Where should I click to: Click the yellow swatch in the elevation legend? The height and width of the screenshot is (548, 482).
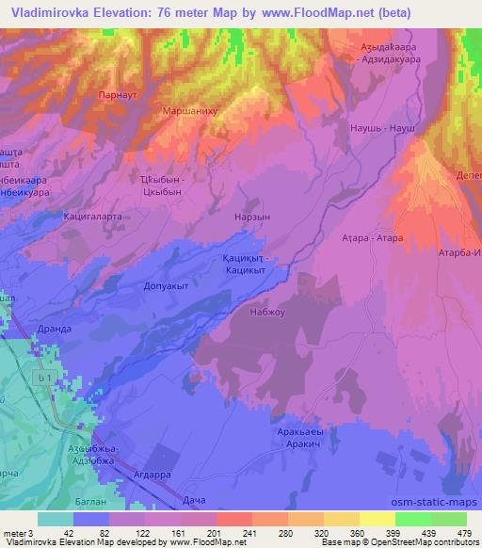(377, 519)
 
